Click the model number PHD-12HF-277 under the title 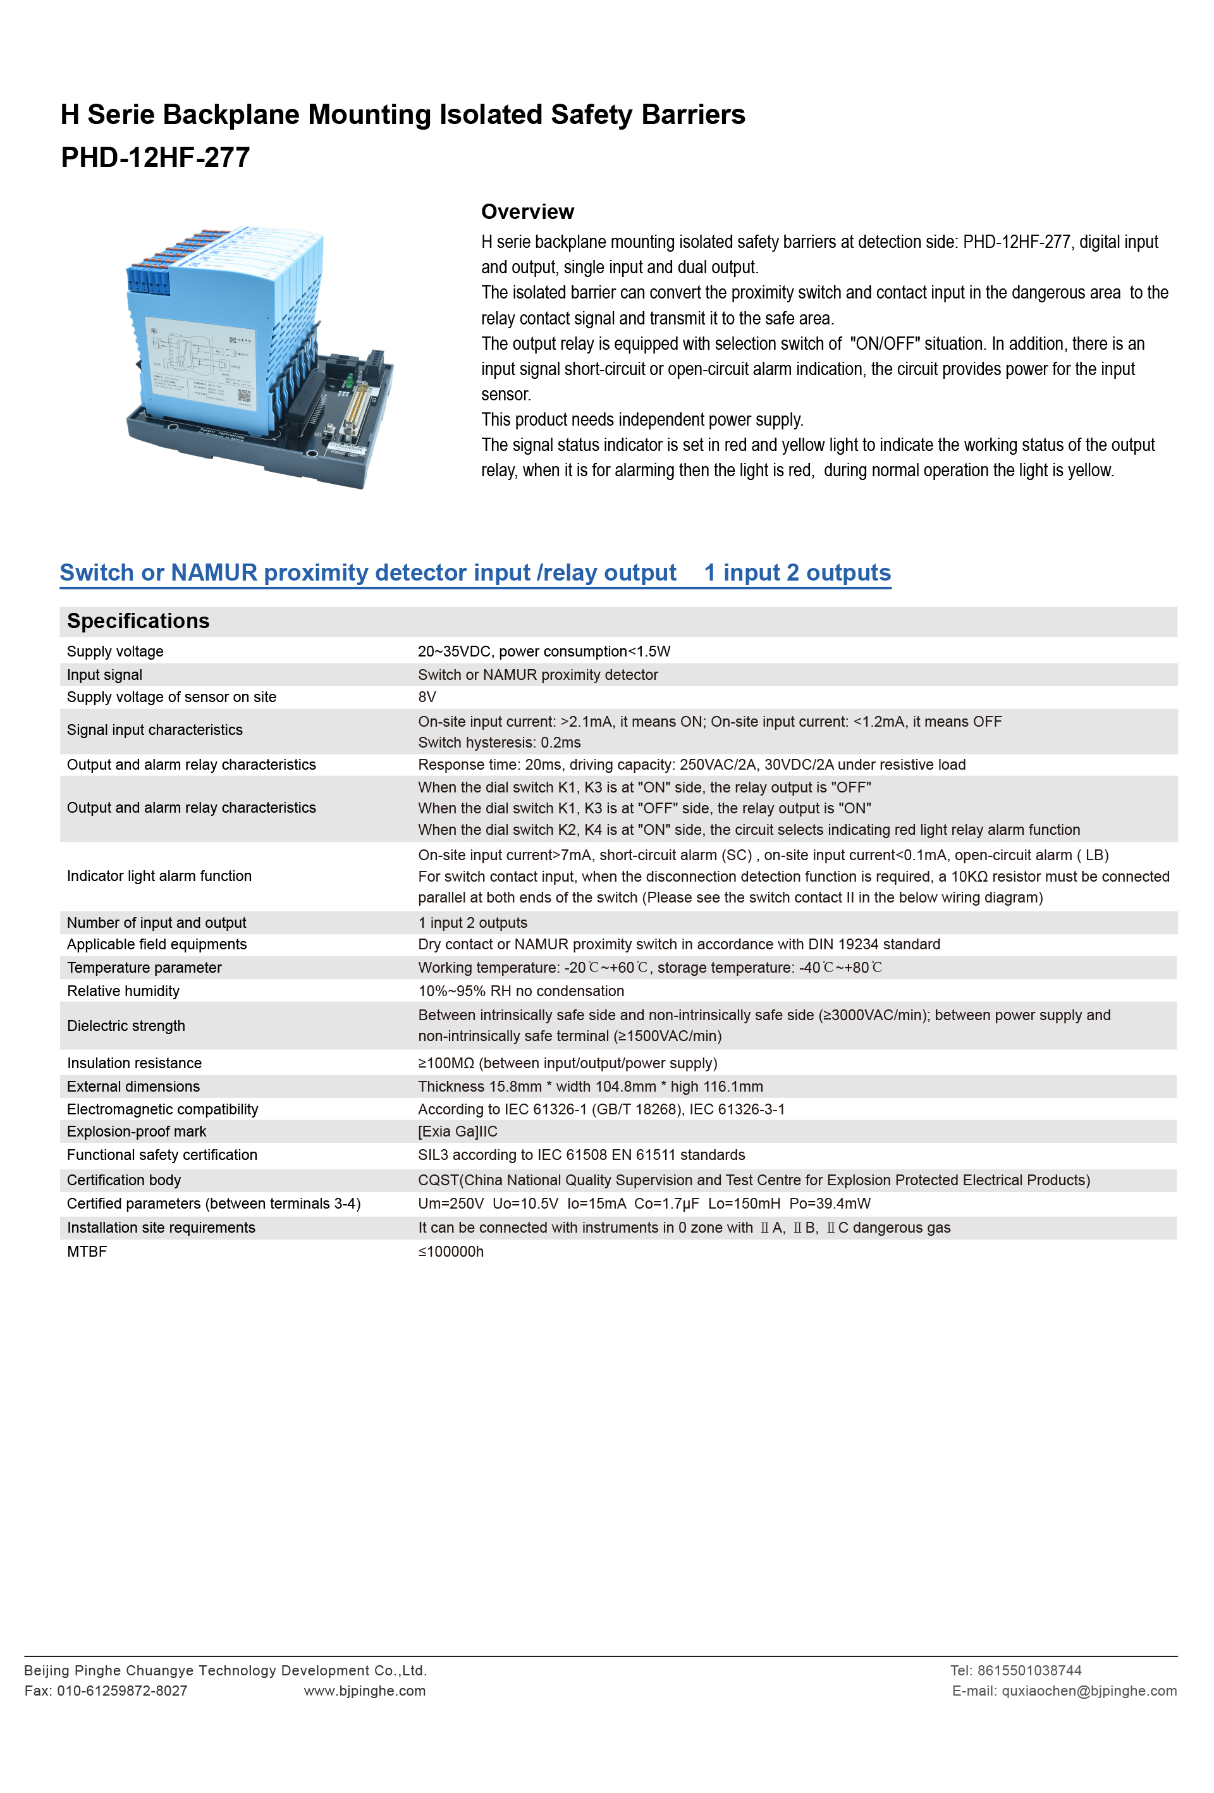155,157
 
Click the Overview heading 527,211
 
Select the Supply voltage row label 115,651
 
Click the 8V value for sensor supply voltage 427,697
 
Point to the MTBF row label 87,1252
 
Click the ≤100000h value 450,1252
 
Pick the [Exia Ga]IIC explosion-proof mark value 457,1131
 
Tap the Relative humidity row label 123,990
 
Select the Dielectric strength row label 126,1025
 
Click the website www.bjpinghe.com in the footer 364,1691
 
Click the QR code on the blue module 243,396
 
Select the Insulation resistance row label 134,1063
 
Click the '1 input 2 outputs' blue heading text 797,572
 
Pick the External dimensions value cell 590,1087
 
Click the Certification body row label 123,1180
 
